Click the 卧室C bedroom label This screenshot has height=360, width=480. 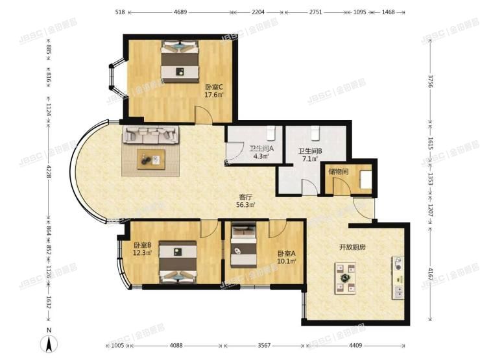pyautogui.click(x=214, y=91)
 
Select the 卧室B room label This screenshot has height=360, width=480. pyautogui.click(x=142, y=249)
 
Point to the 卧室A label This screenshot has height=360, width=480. pyautogui.click(x=286, y=258)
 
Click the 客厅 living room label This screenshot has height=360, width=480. pyautogui.click(x=245, y=200)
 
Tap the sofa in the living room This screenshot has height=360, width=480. pyautogui.click(x=150, y=134)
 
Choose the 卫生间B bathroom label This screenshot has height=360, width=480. pyautogui.click(x=309, y=154)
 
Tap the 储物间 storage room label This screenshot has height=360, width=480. pyautogui.click(x=338, y=172)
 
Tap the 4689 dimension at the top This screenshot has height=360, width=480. pyautogui.click(x=180, y=12)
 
